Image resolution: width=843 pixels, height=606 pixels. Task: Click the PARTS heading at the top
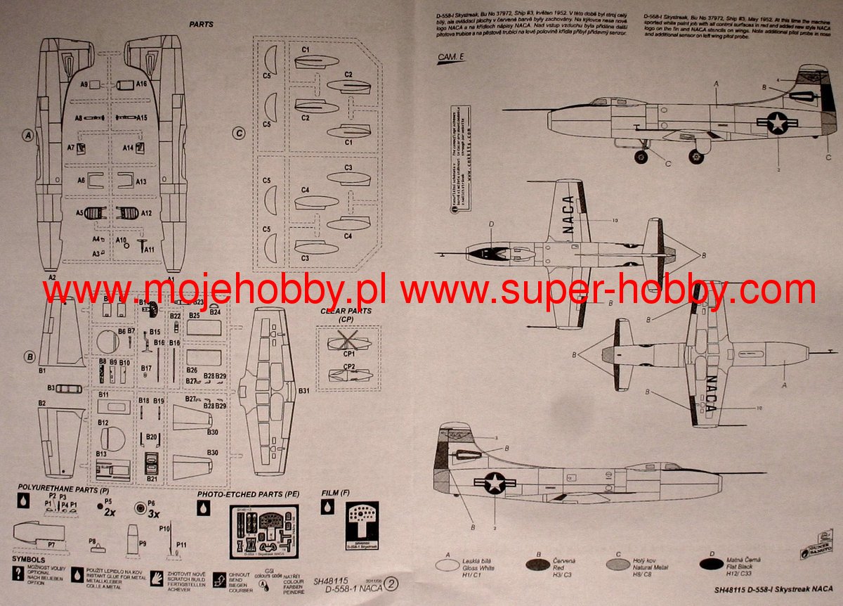click(x=201, y=24)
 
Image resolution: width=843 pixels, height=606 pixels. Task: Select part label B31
click(x=303, y=390)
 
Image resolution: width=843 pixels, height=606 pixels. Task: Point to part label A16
click(x=141, y=84)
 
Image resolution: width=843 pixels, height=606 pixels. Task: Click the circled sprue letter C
click(x=239, y=132)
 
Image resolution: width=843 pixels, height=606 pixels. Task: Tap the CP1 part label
click(x=348, y=356)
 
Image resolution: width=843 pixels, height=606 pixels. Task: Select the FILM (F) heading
click(x=334, y=493)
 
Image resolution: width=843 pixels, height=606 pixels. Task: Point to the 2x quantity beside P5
click(x=110, y=512)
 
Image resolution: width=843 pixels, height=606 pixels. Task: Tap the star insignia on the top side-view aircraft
click(x=777, y=123)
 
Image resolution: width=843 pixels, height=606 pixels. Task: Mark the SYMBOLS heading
click(x=28, y=558)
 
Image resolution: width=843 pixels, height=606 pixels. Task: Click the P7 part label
click(x=51, y=545)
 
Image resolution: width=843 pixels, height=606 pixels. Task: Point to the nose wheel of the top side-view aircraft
click(x=640, y=157)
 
